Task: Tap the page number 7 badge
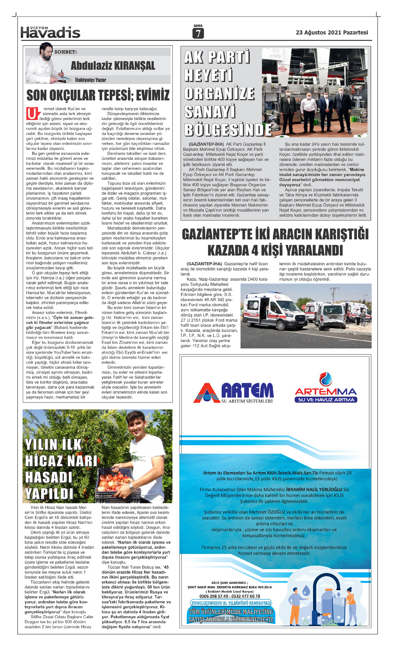(198, 33)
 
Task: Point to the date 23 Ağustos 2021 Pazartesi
(331, 32)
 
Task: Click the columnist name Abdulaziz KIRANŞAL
(113, 66)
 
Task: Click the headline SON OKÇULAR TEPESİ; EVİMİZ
(98, 95)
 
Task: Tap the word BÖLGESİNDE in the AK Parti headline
(228, 130)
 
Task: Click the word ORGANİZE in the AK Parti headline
(219, 94)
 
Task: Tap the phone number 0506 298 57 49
(214, 596)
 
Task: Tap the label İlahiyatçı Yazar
(90, 80)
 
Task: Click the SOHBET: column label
(65, 52)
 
